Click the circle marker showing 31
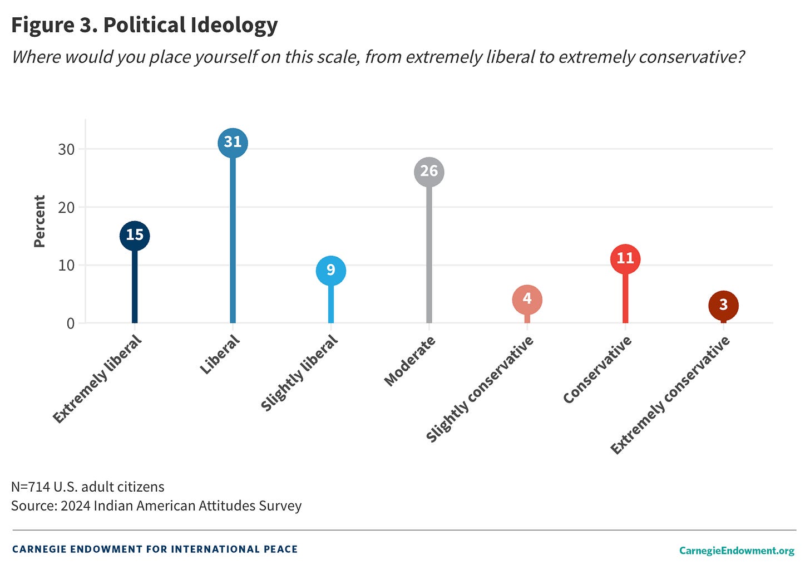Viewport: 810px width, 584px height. (233, 143)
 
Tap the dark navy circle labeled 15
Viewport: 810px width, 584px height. (135, 235)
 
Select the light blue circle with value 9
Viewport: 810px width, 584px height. (331, 271)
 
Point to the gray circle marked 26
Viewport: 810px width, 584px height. (429, 171)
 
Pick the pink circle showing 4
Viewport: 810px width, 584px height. (527, 300)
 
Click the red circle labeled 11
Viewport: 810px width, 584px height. (625, 259)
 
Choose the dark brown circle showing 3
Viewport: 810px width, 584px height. (723, 305)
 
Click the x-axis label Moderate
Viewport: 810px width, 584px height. (410, 361)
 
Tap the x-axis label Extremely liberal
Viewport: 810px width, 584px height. (97, 379)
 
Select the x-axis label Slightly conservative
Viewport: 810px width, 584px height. (480, 389)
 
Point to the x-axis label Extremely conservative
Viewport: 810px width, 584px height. (670, 395)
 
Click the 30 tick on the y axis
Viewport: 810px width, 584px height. (66, 149)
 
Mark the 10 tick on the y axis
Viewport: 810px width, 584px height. (66, 265)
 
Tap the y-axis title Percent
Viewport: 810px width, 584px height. (39, 221)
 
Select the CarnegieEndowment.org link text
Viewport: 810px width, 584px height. (737, 551)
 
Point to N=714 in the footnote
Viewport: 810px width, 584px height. (31, 487)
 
